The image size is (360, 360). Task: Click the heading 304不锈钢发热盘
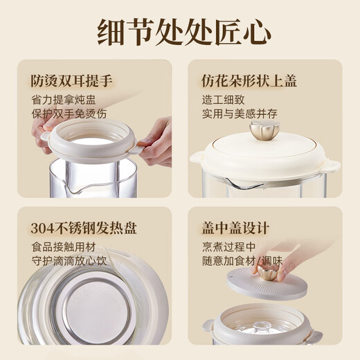[x=81, y=228]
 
